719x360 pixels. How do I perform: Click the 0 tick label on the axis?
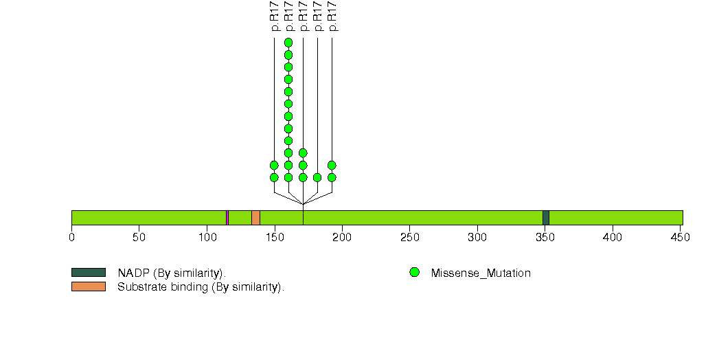[x=71, y=238]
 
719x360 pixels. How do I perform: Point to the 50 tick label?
[x=139, y=238]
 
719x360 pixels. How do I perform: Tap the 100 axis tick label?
[x=207, y=238]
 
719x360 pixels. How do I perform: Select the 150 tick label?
[x=274, y=238]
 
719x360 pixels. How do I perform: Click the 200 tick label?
[x=342, y=238]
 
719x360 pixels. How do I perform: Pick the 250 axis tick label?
[x=409, y=238]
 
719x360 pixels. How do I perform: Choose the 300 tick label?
[x=477, y=238]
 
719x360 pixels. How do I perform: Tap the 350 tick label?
[x=545, y=238]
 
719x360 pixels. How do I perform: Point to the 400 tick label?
[x=612, y=238]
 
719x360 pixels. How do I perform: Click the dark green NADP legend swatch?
[x=88, y=273]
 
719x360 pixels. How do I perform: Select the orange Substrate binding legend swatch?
[x=88, y=286]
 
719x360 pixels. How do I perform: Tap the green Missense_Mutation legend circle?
[x=414, y=273]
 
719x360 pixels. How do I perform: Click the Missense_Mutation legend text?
[x=481, y=273]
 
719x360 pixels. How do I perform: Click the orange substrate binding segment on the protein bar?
[x=255, y=218]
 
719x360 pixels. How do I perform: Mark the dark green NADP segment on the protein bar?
[x=545, y=218]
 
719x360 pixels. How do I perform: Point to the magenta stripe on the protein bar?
[x=227, y=218]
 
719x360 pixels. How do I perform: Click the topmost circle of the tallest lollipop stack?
[x=288, y=43]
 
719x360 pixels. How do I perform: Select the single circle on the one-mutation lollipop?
[x=317, y=177]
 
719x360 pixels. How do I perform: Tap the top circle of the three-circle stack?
[x=303, y=153]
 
